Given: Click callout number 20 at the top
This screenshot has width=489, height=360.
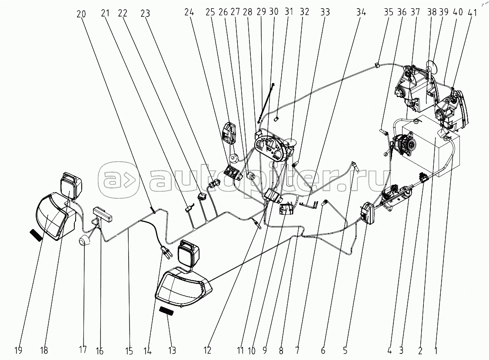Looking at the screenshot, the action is click(x=81, y=14).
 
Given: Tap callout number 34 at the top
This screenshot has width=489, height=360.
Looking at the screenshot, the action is click(x=361, y=13).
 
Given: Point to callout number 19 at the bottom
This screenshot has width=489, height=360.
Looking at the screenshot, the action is click(x=18, y=350).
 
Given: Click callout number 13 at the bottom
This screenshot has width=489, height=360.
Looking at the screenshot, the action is click(x=172, y=350).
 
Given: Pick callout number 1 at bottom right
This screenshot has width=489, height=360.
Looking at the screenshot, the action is click(x=436, y=350).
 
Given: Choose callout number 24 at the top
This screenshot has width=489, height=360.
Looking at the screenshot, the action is click(x=189, y=13).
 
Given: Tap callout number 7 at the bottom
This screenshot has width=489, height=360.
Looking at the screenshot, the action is click(x=297, y=350).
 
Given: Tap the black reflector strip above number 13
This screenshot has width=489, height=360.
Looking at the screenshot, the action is click(x=168, y=311).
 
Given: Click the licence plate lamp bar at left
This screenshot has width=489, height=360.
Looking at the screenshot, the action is click(x=103, y=213).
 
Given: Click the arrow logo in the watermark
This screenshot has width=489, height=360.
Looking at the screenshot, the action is click(x=119, y=180).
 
